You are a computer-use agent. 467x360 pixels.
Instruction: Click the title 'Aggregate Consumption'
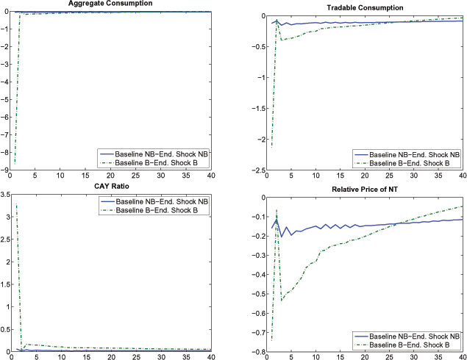[x=110, y=4]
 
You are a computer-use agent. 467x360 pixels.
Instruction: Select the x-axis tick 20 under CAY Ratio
[x=110, y=358]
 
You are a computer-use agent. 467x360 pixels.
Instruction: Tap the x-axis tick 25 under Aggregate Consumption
[x=135, y=176]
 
